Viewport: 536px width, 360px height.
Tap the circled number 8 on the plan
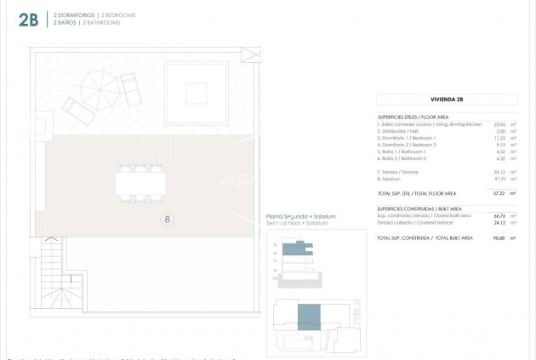168,220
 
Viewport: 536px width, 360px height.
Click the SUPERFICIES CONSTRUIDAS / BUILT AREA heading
419,208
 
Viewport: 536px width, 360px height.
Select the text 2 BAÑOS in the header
64,23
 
